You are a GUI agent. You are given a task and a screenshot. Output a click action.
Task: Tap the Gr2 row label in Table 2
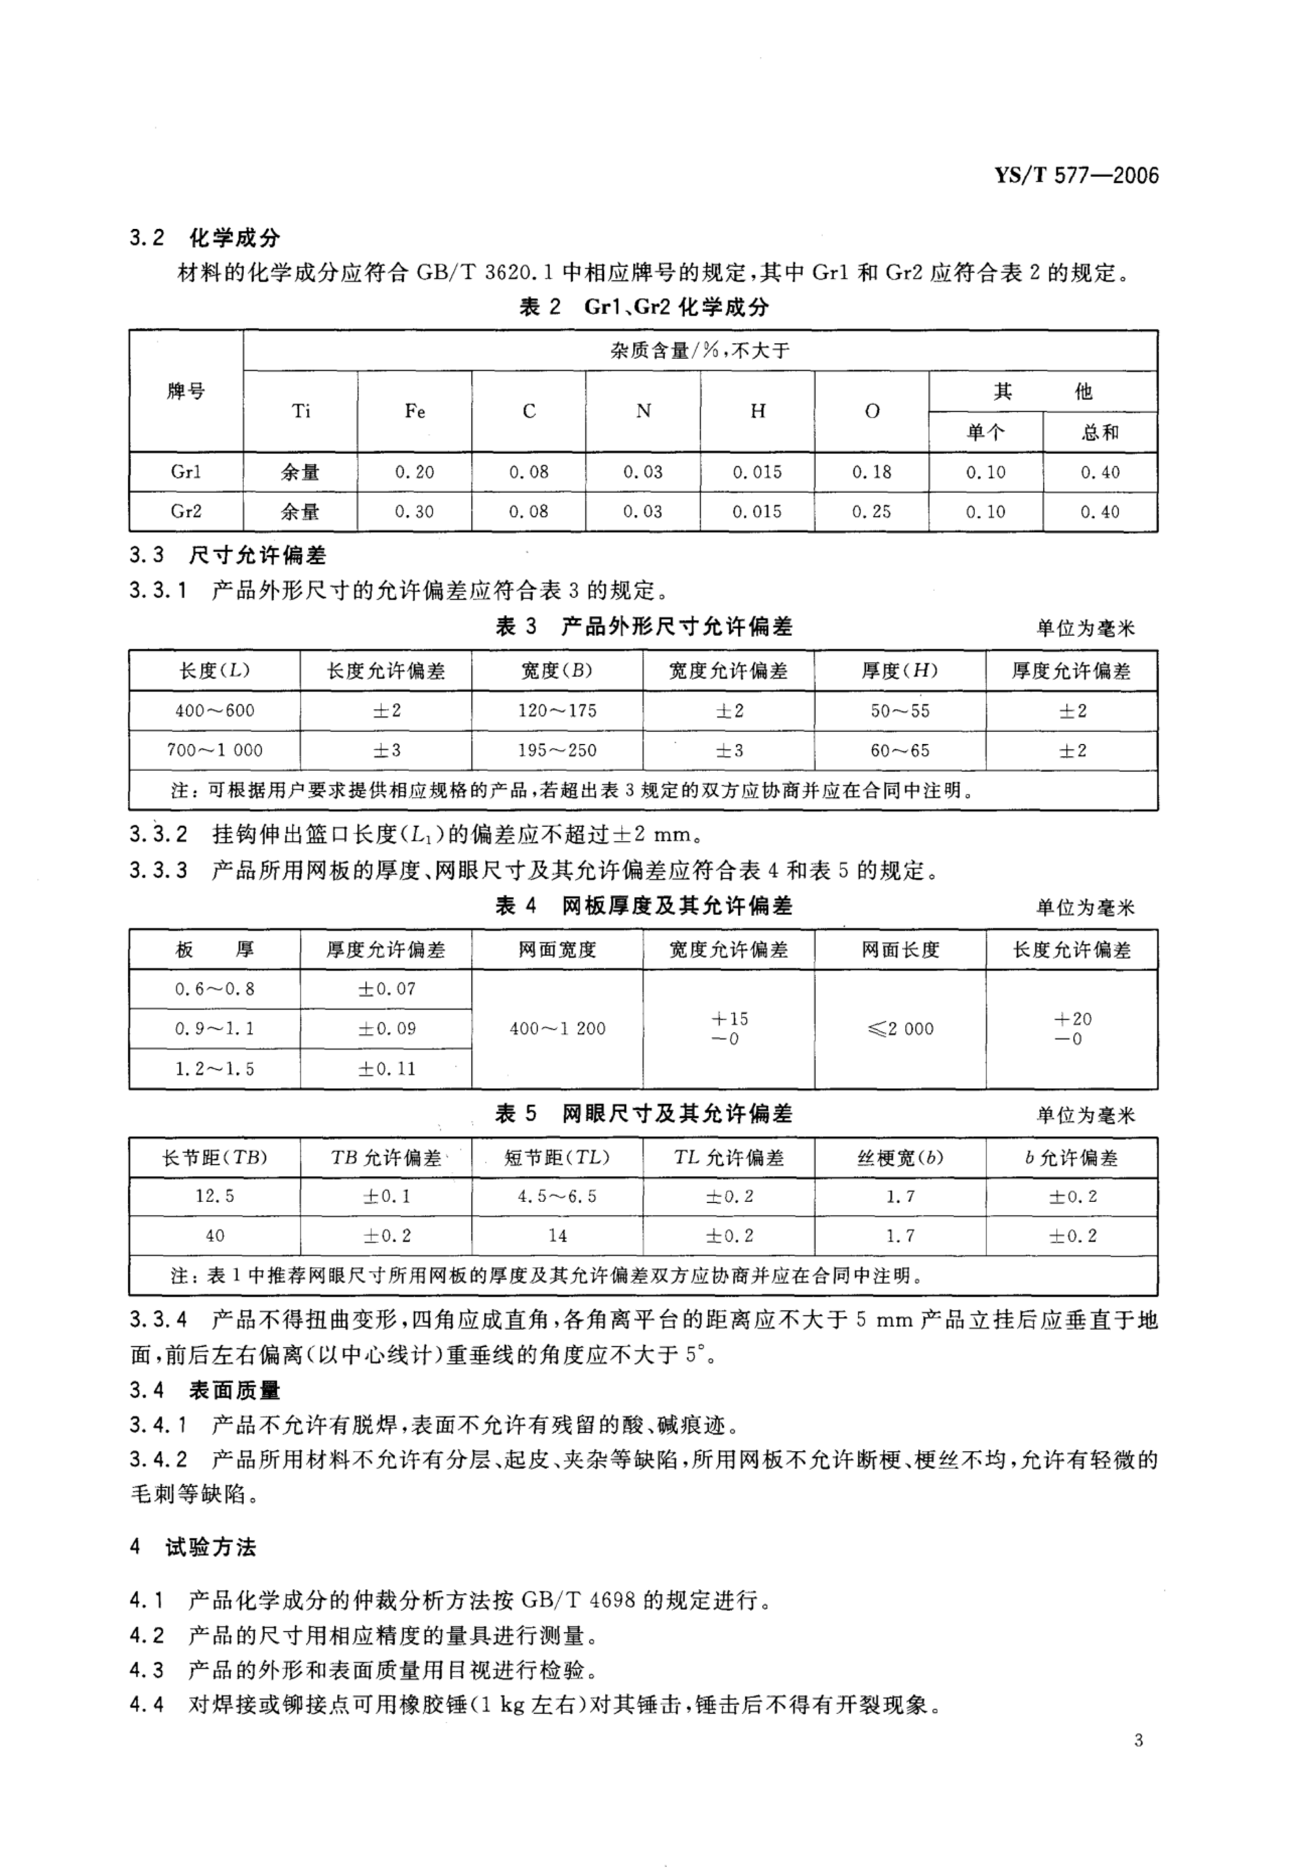(186, 512)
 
